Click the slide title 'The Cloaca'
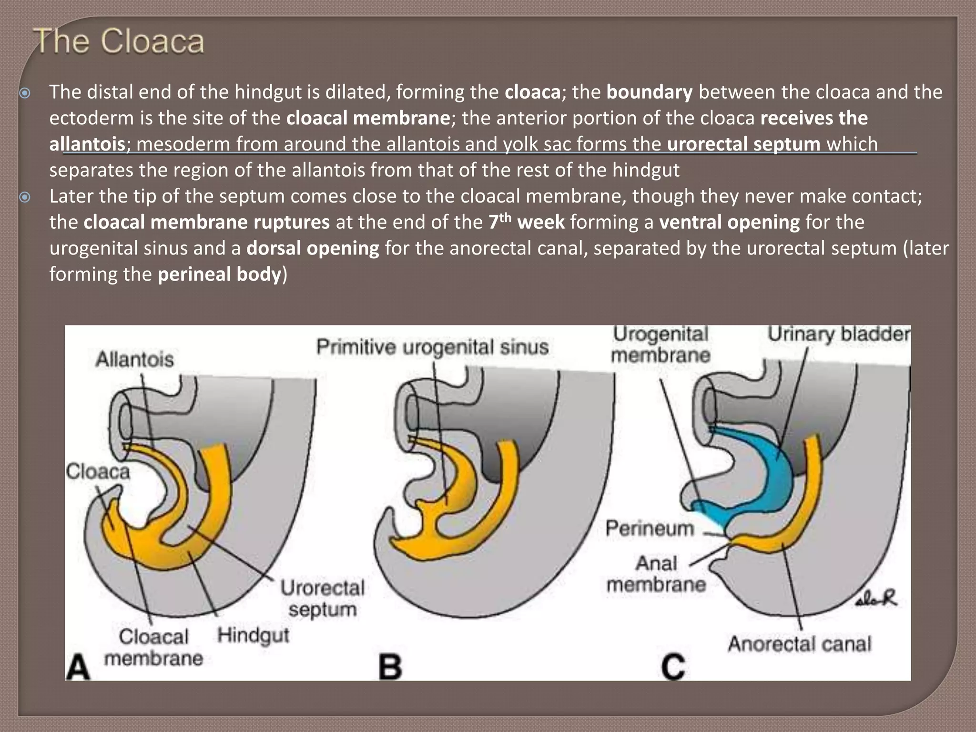point(119,41)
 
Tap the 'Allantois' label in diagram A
point(134,359)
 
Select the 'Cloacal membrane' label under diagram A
point(153,647)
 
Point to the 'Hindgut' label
point(253,635)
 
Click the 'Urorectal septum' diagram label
point(322,598)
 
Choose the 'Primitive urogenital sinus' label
point(432,347)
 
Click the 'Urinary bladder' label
point(838,334)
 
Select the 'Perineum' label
point(650,529)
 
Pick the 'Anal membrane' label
point(656,574)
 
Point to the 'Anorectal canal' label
point(799,644)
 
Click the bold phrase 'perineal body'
point(220,274)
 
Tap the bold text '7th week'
point(526,222)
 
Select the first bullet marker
point(25,92)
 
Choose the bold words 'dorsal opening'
point(313,248)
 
